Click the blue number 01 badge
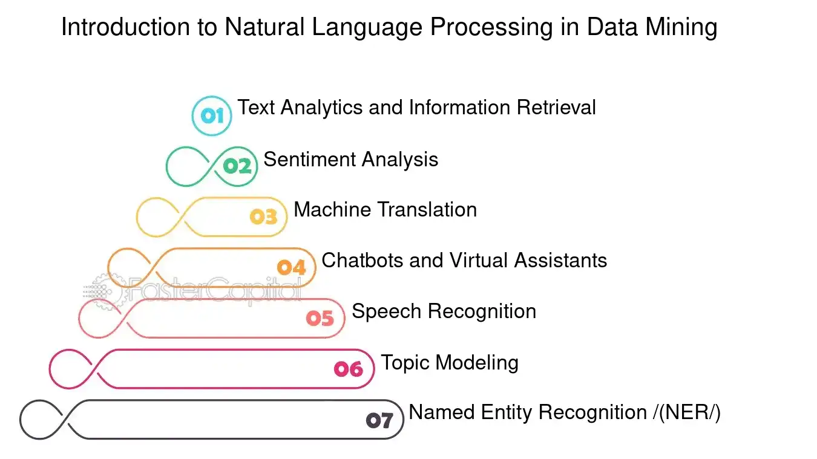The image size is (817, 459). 212,116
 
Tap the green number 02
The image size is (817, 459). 237,167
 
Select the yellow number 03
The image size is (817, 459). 264,217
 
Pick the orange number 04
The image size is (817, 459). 291,267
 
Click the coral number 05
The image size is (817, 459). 320,318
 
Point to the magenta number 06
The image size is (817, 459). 349,369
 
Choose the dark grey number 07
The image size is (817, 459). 379,420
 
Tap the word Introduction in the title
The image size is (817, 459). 125,27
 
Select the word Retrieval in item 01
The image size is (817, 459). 556,108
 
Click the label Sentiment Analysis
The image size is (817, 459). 351,160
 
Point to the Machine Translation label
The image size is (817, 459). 385,210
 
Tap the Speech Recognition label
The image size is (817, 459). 444,311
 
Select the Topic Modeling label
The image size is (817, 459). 450,363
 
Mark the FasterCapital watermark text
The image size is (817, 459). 215,290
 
